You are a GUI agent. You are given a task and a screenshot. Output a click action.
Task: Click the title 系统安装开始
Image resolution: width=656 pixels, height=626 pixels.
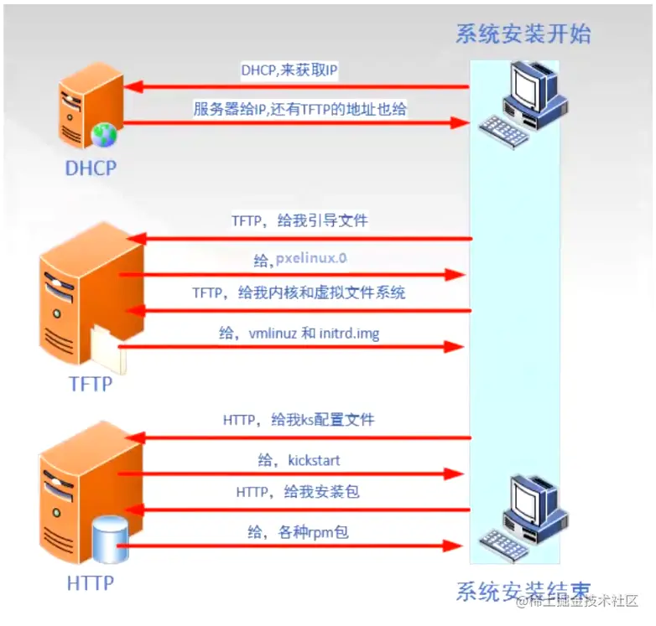523,34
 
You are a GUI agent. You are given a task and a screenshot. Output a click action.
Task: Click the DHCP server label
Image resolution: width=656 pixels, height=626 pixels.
91,168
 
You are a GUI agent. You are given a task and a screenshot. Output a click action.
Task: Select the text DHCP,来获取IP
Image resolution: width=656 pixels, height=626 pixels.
289,71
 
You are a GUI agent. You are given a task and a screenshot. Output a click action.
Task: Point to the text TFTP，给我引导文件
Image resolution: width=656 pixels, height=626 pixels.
299,221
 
